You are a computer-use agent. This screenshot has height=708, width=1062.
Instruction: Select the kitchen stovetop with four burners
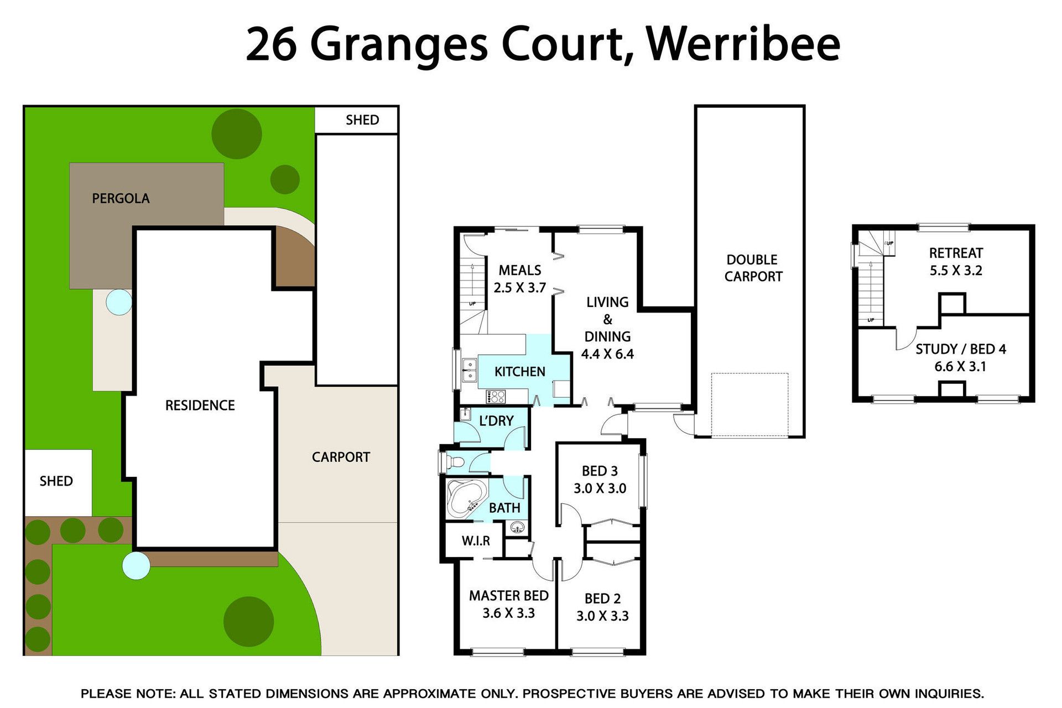[496, 396]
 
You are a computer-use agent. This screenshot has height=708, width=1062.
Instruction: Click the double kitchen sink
[470, 370]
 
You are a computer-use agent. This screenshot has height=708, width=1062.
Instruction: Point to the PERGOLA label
[121, 199]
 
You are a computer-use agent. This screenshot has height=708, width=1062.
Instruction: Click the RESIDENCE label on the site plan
[200, 405]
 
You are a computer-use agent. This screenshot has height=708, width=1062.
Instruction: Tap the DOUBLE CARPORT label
[753, 268]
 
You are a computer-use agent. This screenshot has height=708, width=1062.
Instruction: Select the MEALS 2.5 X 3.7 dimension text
[520, 288]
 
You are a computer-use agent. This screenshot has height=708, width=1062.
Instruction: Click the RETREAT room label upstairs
[956, 253]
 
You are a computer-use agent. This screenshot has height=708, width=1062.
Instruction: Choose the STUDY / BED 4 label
[960, 349]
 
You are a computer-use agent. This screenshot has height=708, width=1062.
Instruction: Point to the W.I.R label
[476, 540]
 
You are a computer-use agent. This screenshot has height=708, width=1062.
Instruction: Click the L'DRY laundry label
[496, 421]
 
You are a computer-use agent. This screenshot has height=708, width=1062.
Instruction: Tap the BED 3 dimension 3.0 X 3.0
[600, 488]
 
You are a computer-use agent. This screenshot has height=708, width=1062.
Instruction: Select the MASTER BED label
[509, 596]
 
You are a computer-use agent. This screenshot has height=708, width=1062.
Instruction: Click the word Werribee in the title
[743, 44]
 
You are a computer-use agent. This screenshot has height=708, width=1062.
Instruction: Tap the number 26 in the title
[271, 44]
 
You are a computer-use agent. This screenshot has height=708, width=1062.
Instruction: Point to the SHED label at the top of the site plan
[362, 120]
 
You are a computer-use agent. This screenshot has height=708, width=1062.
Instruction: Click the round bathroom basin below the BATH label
[517, 527]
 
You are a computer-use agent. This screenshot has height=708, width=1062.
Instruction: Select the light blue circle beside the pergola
[119, 302]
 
